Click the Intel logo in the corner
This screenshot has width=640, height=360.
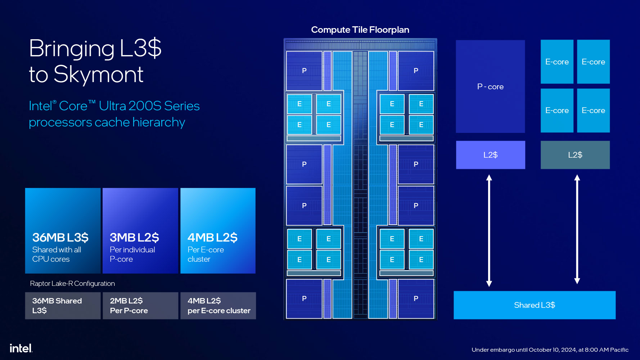21,348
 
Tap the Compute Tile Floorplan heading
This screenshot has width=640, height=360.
360,30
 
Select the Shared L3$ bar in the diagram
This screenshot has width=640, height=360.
534,305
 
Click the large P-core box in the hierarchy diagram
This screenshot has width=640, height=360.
490,86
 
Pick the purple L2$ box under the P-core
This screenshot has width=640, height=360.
490,155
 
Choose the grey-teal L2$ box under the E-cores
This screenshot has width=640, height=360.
575,155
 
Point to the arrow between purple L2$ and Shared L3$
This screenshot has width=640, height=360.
489,230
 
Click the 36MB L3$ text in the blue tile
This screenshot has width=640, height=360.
60,238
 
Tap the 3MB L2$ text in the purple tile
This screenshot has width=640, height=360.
134,238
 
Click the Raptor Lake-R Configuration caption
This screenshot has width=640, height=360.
72,284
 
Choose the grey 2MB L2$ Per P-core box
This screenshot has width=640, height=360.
140,306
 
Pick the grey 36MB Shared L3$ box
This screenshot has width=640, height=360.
63,306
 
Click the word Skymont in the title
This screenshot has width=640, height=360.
98,75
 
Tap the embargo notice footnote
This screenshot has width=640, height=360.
550,350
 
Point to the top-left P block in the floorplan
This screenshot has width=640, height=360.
304,71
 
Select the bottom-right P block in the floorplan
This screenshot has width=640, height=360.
416,298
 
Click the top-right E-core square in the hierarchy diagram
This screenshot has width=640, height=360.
593,62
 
